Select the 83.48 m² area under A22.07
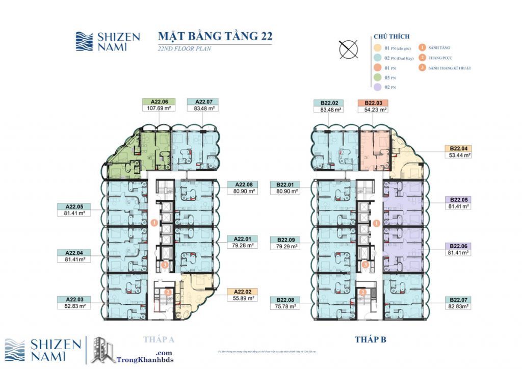click(202, 108)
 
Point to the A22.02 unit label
click(242, 292)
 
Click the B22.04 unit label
click(457, 148)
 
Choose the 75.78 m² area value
click(285, 306)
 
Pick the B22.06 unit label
click(457, 246)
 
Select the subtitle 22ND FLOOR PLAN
click(183, 49)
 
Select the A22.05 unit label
click(74, 206)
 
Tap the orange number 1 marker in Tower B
click(376, 223)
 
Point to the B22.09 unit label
click(285, 239)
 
